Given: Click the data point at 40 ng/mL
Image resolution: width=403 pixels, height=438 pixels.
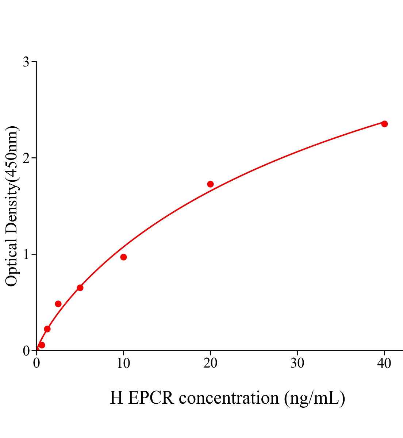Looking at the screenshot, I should pos(384,124).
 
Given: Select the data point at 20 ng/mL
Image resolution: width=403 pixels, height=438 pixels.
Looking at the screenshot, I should pos(210,184).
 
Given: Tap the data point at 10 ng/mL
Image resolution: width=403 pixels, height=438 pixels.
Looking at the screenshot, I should pos(123,257).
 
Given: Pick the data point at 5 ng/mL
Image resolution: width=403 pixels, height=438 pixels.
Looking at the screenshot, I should pos(80,288).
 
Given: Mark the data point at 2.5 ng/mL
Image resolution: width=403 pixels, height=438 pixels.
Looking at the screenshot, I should pos(58,304).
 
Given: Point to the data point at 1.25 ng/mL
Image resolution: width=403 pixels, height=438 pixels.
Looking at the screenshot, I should pos(47,329).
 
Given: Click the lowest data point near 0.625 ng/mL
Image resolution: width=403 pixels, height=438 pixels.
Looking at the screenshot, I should pos(42,345).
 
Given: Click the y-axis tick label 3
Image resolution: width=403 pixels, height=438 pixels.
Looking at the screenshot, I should pos(26,62).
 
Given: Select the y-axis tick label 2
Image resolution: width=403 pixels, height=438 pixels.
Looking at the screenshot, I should pos(26,158).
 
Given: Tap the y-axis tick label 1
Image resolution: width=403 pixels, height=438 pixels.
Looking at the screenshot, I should pos(26,254).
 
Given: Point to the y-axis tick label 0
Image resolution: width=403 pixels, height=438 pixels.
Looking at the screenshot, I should pos(26,351).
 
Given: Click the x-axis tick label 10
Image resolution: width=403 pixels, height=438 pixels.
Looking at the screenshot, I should pos(123,364).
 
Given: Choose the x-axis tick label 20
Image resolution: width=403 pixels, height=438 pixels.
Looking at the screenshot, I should pos(210,364).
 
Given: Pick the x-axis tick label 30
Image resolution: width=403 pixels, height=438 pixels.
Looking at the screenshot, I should pos(297,364).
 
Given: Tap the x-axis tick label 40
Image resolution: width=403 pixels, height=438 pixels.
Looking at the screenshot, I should pos(384,364).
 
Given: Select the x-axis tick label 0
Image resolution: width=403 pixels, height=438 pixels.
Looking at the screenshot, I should pos(37,364).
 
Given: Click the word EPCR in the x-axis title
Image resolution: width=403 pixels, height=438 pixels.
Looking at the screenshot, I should pos(151,398).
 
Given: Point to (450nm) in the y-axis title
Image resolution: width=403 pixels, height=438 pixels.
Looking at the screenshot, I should pos(12,153).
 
